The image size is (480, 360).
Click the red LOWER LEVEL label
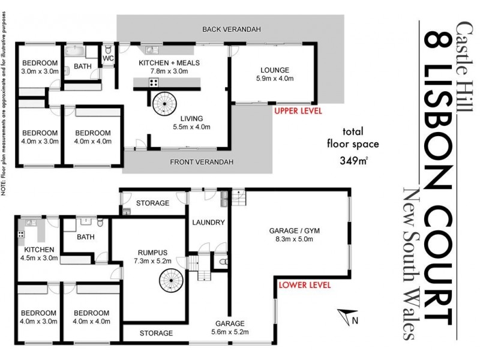304,286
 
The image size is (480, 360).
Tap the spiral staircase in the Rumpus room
170,280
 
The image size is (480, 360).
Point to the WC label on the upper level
108,59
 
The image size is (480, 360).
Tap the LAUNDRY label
208,223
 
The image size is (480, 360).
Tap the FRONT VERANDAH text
201,163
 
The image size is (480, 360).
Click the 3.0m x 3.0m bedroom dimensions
40,72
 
